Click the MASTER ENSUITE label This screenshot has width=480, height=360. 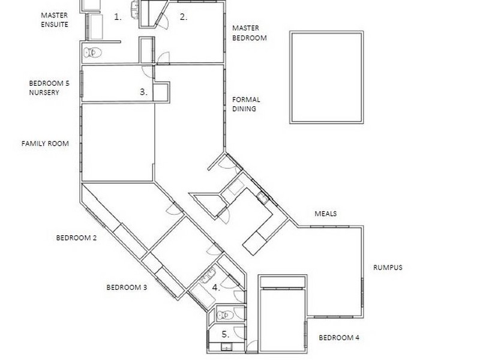pyautogui.click(x=55, y=19)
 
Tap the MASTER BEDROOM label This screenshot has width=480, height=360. pyautogui.click(x=249, y=33)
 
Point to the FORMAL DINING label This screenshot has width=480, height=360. pyautogui.click(x=247, y=104)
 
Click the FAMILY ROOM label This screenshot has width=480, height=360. pyautogui.click(x=45, y=144)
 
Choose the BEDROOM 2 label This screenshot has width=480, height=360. pyautogui.click(x=77, y=238)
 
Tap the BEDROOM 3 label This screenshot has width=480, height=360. pyautogui.click(x=127, y=287)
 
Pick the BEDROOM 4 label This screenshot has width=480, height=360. pyautogui.click(x=339, y=338)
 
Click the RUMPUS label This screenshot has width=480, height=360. pyautogui.click(x=388, y=268)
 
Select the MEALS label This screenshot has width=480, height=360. pyautogui.click(x=326, y=214)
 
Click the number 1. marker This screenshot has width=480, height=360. pyautogui.click(x=118, y=17)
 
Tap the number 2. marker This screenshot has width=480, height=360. pyautogui.click(x=184, y=17)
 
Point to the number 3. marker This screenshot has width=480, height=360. pyautogui.click(x=143, y=92)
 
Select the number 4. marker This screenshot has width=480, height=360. pyautogui.click(x=216, y=287)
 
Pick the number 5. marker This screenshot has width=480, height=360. pyautogui.click(x=225, y=334)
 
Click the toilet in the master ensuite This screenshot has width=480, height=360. pyautogui.click(x=92, y=53)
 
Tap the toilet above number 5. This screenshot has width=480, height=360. pyautogui.click(x=223, y=314)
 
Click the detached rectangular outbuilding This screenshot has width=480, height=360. pyautogui.click(x=326, y=78)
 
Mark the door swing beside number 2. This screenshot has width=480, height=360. pyautogui.click(x=163, y=20)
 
